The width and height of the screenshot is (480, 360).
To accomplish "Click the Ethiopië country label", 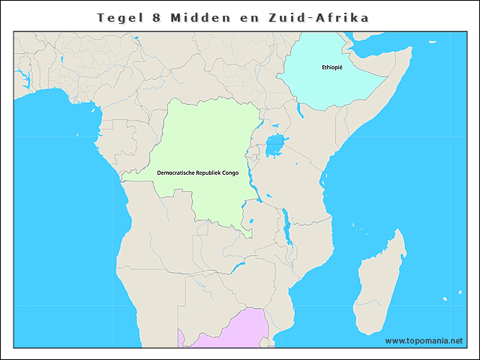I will pos(332,67).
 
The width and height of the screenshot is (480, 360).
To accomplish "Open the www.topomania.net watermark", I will pos(424,341).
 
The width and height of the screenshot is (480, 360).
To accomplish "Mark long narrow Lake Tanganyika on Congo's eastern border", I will pos(255,184).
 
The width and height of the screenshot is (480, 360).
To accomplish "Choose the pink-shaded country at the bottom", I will pos(225,330).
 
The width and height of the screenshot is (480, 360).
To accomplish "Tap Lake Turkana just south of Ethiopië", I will pos(299,112).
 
